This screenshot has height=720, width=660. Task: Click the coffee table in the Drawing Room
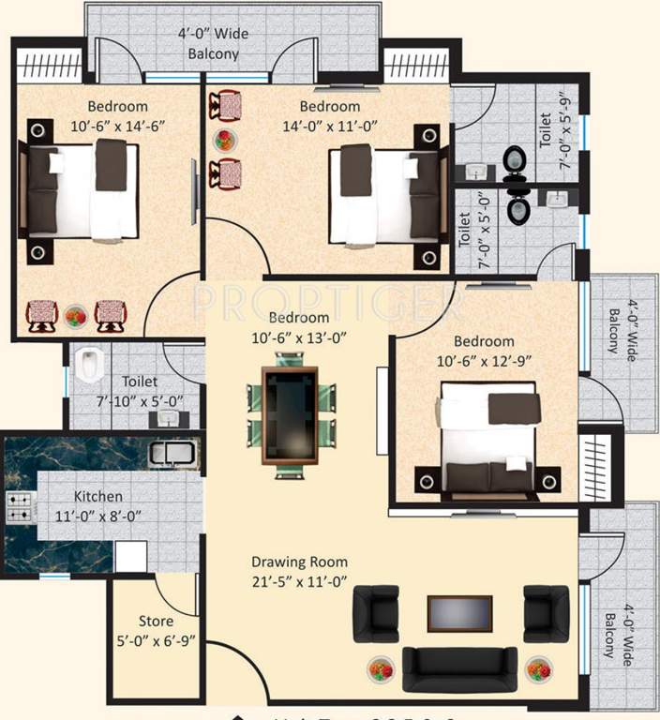[x=459, y=614]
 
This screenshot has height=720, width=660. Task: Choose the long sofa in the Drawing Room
[x=459, y=667]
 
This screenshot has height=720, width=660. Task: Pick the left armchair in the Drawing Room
[x=375, y=613]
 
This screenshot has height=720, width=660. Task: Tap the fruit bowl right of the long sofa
[x=538, y=669]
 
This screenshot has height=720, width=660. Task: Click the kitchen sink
[x=172, y=454]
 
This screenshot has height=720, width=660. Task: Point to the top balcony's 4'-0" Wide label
[x=214, y=35]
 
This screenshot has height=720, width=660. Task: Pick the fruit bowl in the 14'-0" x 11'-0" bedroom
[x=226, y=141]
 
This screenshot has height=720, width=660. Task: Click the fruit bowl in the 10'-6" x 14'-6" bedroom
[x=75, y=315]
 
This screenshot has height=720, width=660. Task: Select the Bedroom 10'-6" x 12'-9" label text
[x=484, y=350]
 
